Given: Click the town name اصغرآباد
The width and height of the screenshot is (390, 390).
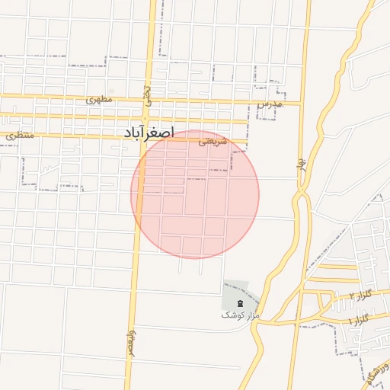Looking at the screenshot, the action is point(149,133).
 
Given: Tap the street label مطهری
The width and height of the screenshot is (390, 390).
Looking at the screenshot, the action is point(99,99).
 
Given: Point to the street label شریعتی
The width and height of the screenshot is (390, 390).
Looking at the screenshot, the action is point(214,141).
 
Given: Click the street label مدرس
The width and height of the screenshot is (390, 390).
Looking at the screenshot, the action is point(270,103).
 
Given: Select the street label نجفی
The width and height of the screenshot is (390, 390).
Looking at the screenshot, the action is point(147,95).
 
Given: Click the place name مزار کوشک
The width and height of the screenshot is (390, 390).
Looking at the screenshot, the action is point(241,315).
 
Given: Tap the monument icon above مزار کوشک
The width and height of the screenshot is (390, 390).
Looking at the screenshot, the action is point(241,304).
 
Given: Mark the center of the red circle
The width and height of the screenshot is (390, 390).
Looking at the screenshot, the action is point(195,194).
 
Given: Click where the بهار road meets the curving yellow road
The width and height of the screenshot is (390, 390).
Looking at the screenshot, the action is point(302,194).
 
